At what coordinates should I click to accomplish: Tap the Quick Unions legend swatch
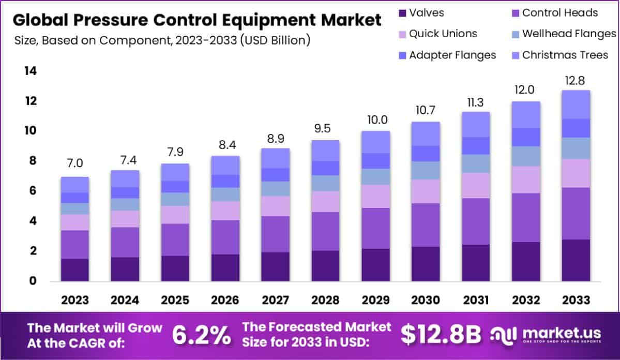pyautogui.click(x=401, y=34)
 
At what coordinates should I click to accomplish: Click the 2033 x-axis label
pyautogui.click(x=576, y=300)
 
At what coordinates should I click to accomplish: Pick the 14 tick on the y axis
pyautogui.click(x=30, y=71)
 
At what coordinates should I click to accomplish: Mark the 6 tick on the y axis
pyautogui.click(x=33, y=191)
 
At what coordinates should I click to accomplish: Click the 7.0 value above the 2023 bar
pyautogui.click(x=75, y=163)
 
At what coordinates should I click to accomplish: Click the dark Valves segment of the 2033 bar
pyautogui.click(x=576, y=260)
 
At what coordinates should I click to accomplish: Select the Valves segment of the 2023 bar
pyautogui.click(x=75, y=270)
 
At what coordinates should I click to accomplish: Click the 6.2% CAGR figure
pyautogui.click(x=201, y=336)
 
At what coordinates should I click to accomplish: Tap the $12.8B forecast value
pyautogui.click(x=441, y=336)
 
